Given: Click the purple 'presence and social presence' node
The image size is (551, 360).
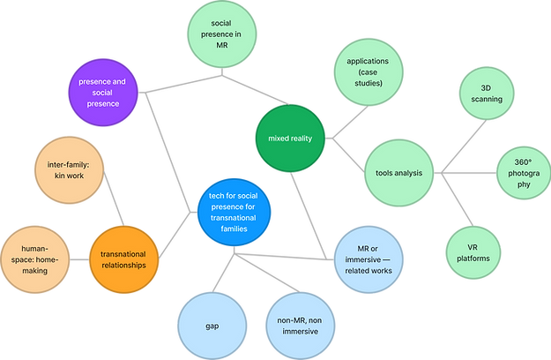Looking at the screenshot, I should (104, 91).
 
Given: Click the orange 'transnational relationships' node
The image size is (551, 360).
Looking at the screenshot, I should (130, 258).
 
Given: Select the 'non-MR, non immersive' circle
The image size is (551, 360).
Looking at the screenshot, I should (299, 325).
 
